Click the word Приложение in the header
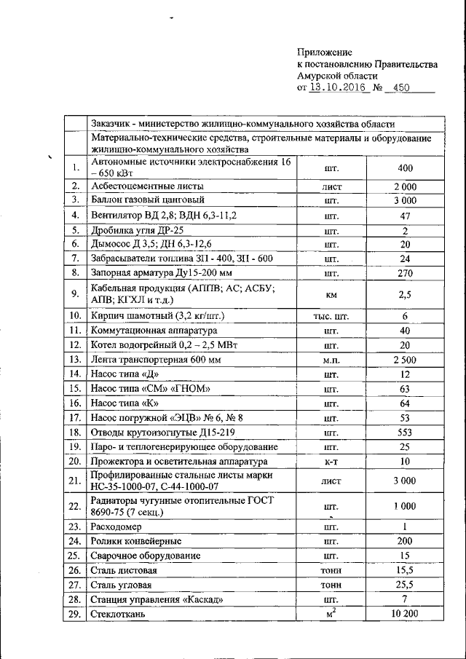coord(325,52)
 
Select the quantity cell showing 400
coord(405,168)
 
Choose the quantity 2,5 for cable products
coord(405,294)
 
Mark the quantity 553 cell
coord(405,432)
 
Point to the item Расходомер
coord(120,526)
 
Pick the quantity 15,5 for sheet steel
coord(405,570)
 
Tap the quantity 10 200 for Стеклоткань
coord(405,615)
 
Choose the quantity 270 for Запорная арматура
coord(405,273)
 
